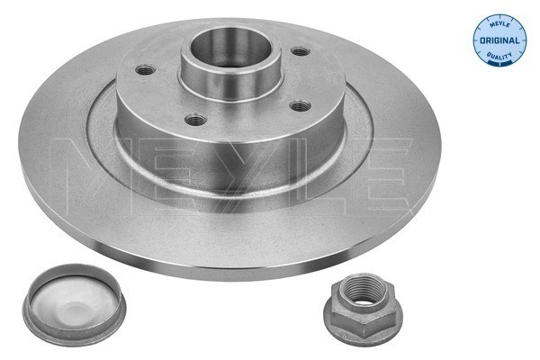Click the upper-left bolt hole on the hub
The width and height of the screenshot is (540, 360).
point(145,70)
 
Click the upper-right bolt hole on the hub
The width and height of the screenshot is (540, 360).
point(301,51)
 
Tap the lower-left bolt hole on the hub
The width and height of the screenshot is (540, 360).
point(195,120)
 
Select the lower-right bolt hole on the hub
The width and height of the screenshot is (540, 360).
point(301,105)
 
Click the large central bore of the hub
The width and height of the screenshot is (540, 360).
point(230,48)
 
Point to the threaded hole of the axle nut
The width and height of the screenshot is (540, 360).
point(364,290)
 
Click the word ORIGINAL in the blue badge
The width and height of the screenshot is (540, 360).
point(499,40)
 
